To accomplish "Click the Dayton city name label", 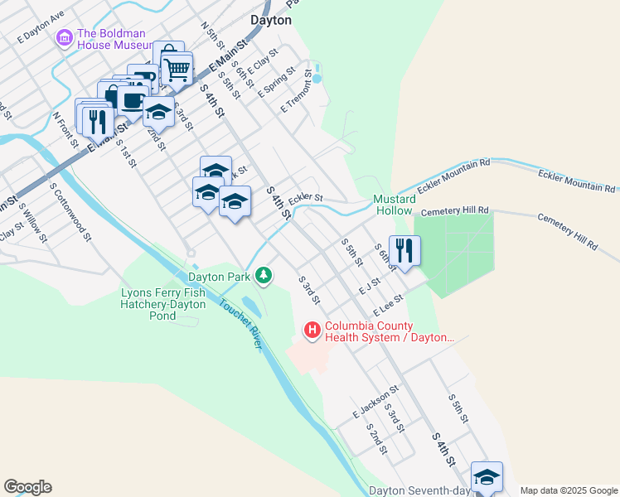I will coord(270,20).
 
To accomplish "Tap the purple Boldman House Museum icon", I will coord(64,38).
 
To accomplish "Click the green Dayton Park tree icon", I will coord(264,275).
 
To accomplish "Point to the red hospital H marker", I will coord(312,331).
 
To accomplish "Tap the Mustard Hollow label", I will coord(393,205).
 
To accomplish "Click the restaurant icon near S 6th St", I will coord(404,249).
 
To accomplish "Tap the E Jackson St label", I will coord(375,400).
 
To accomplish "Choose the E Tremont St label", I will coord(299,90).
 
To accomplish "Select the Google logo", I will coord(27,487).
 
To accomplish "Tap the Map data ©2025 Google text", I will coord(569,490).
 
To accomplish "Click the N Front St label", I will coord(65,130).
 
